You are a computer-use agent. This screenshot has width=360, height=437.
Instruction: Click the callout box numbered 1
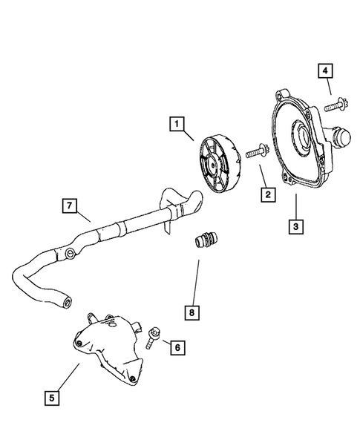[177, 125]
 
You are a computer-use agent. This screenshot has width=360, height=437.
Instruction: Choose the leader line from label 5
[66, 378]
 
